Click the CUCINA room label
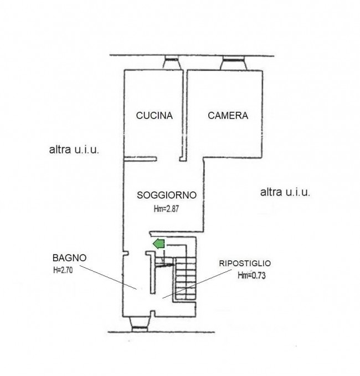155,115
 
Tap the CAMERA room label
228,115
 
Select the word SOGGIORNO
167,195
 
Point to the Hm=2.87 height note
166,209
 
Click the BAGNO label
69,258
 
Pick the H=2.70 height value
63,270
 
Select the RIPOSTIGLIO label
245,263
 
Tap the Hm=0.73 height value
252,275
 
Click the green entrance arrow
159,244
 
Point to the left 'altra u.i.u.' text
74,150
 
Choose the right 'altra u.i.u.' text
285,192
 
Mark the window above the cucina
172,62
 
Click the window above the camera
234,63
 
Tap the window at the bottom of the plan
140,324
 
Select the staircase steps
186,278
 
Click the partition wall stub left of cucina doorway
140,159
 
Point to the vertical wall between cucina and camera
184,115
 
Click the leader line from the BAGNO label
108,277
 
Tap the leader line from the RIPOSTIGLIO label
197,284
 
